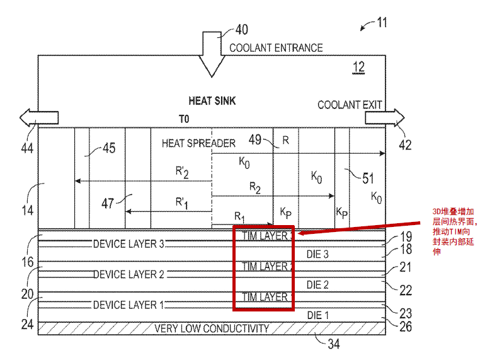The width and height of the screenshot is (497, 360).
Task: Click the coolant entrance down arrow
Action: point(212,54)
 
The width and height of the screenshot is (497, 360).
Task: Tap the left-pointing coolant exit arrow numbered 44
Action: point(39,118)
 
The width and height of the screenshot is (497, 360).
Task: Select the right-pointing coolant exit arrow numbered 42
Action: point(385,118)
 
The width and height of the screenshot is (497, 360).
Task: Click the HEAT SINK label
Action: point(212,101)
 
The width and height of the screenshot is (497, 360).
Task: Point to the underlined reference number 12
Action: point(358,67)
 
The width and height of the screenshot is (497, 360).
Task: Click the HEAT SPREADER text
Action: point(198,143)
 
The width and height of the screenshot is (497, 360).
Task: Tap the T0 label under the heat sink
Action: point(184,119)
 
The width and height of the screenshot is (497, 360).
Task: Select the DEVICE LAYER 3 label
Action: point(129,244)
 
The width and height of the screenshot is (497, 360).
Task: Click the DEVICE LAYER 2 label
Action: point(129,274)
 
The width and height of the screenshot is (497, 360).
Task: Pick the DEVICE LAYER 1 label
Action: point(129,305)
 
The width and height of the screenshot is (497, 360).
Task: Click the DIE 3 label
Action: point(317,254)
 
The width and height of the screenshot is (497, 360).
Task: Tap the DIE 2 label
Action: point(317,285)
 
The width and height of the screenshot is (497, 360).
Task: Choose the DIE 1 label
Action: point(318,315)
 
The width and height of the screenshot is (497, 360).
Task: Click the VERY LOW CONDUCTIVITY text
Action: point(212,328)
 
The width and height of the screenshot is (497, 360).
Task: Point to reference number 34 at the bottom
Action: point(333,344)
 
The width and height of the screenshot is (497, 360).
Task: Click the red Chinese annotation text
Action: point(454,231)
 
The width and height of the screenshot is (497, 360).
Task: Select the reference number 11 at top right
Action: point(382,23)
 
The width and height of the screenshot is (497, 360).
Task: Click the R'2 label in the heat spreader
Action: point(182,172)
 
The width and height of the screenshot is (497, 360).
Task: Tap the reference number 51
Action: point(368,178)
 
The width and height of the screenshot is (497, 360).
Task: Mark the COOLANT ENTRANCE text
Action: point(276,48)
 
